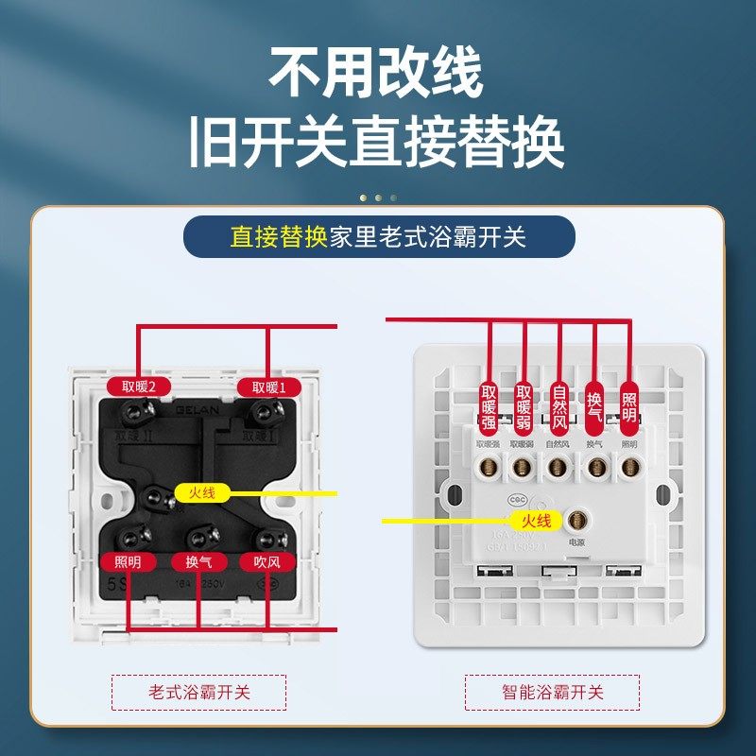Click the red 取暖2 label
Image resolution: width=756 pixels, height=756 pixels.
[x=138, y=387]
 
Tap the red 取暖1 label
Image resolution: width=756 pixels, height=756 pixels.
[x=268, y=387]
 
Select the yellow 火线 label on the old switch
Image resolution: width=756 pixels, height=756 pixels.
[x=202, y=492]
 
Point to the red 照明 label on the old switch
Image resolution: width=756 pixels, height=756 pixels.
[x=128, y=561]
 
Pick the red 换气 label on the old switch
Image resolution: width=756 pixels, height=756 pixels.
[x=198, y=561]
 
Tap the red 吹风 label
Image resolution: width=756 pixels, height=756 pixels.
[x=267, y=561]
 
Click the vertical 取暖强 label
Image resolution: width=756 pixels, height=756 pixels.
[x=489, y=404]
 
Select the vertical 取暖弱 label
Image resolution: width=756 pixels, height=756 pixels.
[x=524, y=404]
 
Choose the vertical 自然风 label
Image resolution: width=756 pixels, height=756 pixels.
[x=559, y=404]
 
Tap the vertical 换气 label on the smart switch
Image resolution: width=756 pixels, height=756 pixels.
[x=594, y=399]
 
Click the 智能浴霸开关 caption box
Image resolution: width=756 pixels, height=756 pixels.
[x=552, y=693]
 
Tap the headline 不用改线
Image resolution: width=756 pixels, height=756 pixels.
[x=376, y=74]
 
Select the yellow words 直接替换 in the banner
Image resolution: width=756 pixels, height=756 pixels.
[x=279, y=236]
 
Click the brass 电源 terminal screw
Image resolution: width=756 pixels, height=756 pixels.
[x=576, y=520]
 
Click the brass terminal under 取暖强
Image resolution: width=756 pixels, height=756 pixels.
[x=489, y=465]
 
